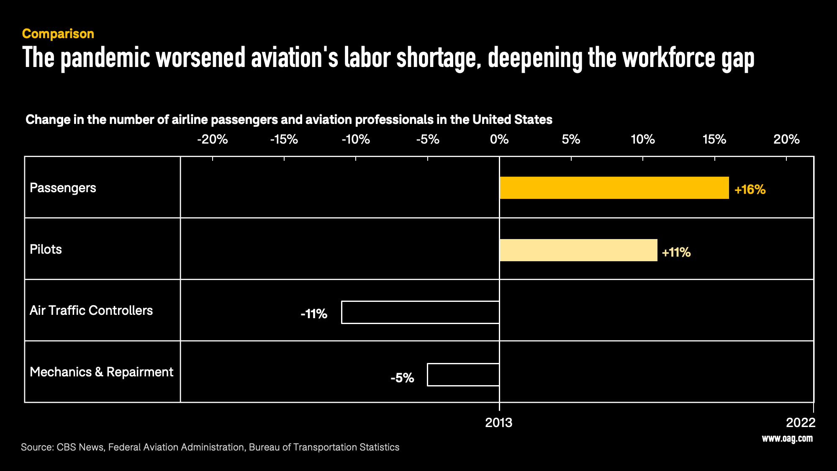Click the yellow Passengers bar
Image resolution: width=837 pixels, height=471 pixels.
614,188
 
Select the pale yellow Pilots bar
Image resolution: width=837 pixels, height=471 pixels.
578,250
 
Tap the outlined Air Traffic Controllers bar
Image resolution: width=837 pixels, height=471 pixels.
420,312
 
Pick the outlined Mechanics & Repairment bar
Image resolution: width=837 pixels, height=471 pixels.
463,375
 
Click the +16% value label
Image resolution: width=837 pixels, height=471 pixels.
750,190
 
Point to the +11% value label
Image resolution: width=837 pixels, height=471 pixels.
676,252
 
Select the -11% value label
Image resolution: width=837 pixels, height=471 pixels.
314,314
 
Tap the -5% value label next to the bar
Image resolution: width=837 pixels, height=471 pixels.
402,378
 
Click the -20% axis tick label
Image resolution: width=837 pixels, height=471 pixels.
213,139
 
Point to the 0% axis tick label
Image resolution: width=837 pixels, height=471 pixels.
499,139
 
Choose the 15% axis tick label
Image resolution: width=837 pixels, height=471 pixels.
714,139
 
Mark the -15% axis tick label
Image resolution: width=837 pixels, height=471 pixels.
284,139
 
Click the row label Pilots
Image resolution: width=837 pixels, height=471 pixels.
46,250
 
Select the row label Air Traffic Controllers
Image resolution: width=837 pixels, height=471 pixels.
91,311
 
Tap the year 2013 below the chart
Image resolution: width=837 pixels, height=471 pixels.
498,423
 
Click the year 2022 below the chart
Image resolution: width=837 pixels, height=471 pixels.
801,423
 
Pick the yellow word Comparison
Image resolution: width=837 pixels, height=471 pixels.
58,34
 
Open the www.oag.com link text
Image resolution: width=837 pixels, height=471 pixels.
787,438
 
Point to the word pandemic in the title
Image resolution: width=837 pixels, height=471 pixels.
105,58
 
